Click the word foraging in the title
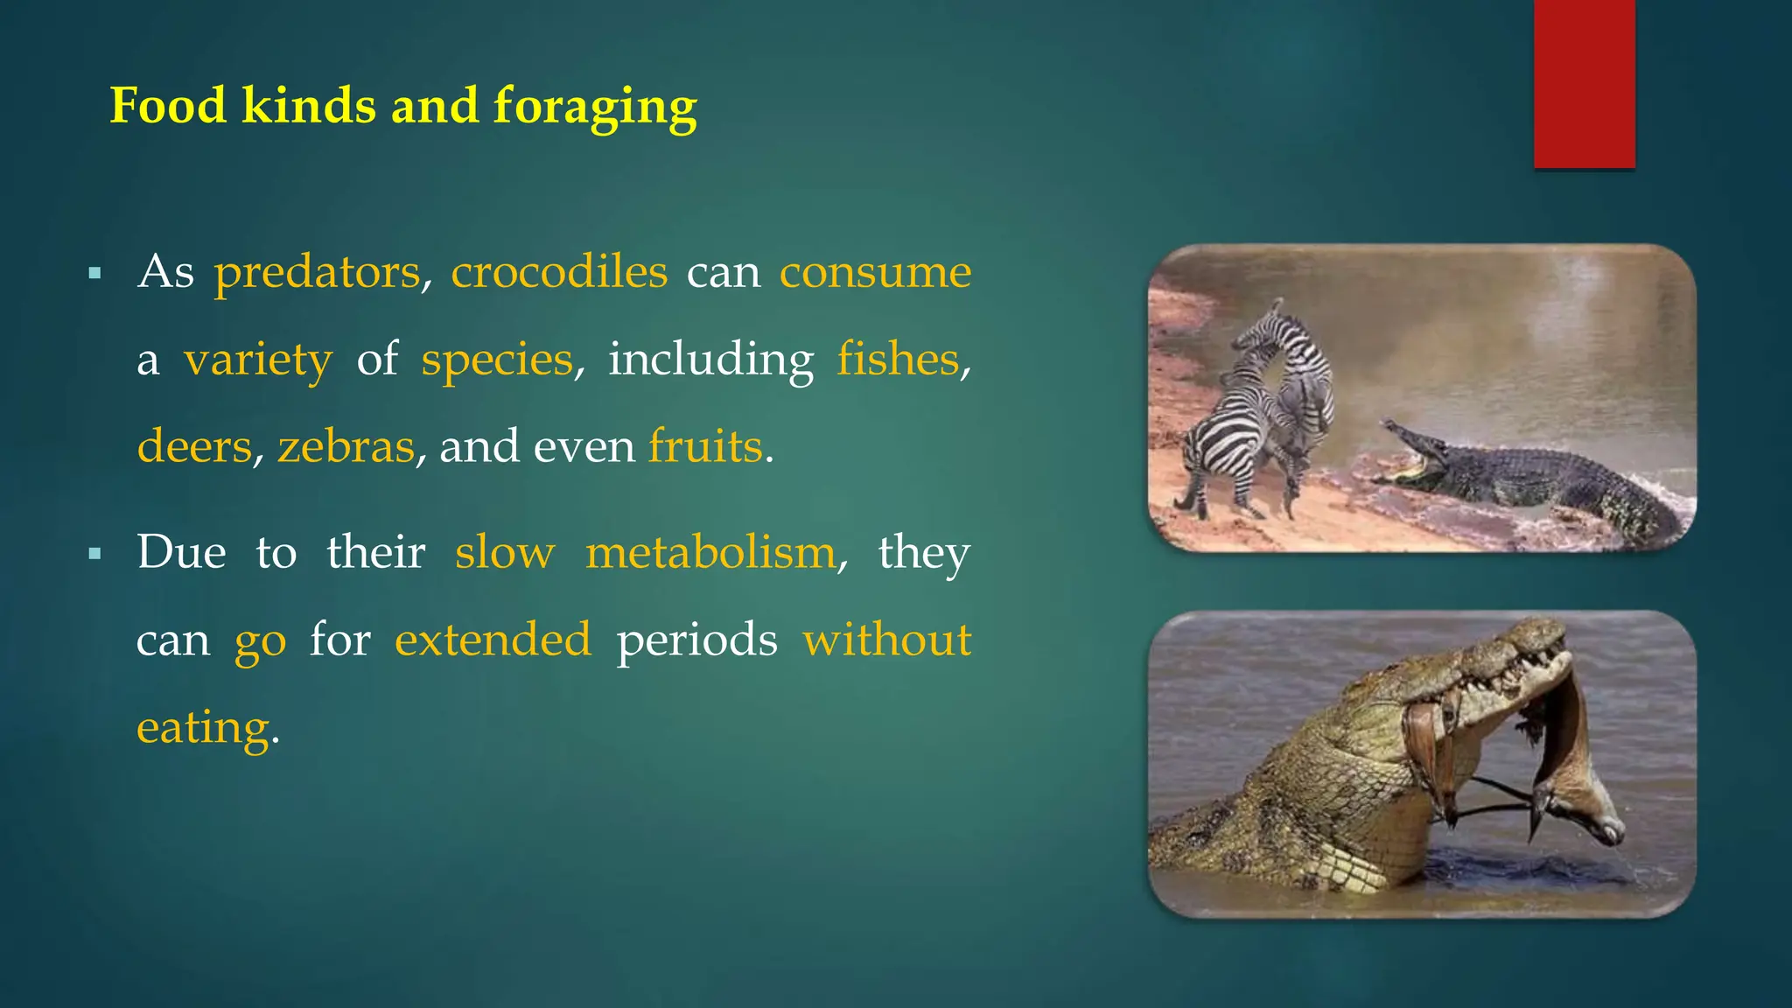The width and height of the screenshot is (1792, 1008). tap(595, 107)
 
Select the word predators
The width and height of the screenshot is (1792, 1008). tap(318, 272)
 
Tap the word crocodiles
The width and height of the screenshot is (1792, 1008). tap(559, 272)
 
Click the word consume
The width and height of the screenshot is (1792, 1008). tap(875, 272)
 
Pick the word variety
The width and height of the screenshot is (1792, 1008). tap(258, 360)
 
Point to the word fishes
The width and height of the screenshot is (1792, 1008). tap(898, 360)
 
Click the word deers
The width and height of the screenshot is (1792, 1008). tap(194, 446)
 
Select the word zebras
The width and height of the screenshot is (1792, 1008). tap(346, 446)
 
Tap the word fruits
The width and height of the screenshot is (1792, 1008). tap(705, 446)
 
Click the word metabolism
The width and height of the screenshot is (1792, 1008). tap(710, 553)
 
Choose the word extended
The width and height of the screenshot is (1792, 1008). tap(493, 640)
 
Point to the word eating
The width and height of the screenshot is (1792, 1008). tap(203, 727)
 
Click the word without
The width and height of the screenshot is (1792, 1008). tap(887, 640)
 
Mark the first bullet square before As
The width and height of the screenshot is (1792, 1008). tap(95, 274)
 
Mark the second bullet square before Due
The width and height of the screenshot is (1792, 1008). tap(95, 554)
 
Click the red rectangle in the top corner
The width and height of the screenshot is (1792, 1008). tap(1584, 83)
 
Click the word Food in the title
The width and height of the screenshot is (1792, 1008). tap(168, 107)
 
